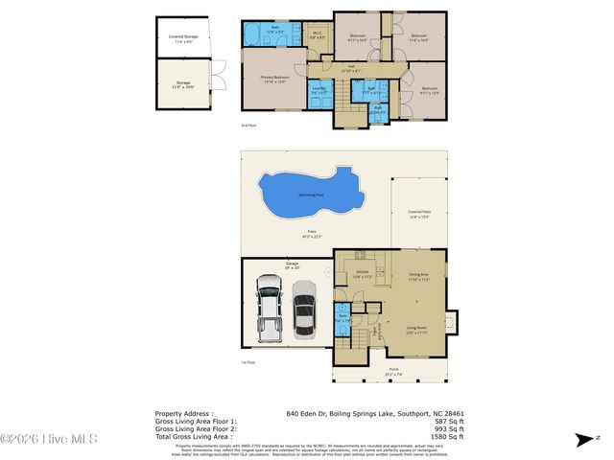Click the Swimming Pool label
point(310,195)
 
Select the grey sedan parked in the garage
point(304,310)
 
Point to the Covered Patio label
point(418,214)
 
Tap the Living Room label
point(417,328)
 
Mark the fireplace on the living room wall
point(454,326)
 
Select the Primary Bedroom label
point(274,80)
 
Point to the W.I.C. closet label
point(317,35)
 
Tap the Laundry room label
point(319,90)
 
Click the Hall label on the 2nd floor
point(352,68)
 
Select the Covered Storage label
point(181,38)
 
